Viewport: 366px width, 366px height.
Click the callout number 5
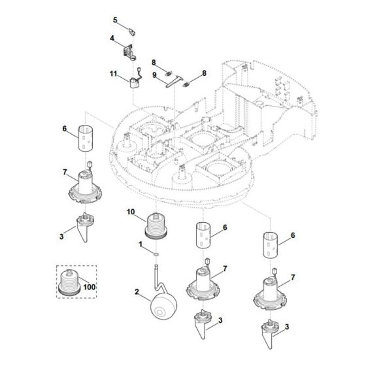coord(115,20)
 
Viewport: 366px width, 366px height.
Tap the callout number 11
coord(113,74)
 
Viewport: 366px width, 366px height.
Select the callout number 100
coord(90,287)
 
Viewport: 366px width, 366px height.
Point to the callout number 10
coord(131,212)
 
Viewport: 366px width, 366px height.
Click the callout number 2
coord(137,291)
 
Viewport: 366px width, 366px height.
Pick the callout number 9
coord(154,75)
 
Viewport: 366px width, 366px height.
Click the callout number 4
coord(112,38)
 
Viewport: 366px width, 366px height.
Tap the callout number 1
coord(141,244)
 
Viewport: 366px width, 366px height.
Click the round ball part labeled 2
coord(164,307)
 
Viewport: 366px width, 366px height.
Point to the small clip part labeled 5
coord(132,31)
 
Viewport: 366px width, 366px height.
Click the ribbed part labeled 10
coord(156,225)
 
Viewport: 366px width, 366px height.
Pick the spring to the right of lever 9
coord(186,84)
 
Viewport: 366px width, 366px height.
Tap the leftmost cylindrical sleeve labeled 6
coord(86,138)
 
